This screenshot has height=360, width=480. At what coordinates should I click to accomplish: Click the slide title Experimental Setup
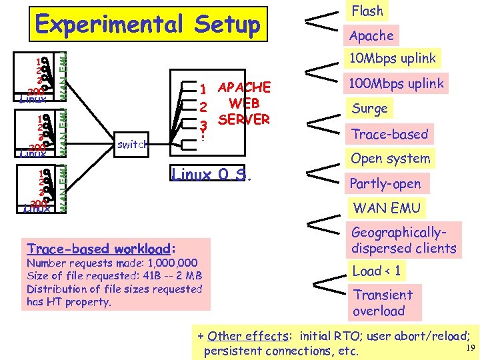coord(148,25)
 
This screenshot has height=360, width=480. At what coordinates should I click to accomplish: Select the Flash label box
coord(367,11)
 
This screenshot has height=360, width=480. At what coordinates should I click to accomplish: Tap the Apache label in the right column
coord(371,36)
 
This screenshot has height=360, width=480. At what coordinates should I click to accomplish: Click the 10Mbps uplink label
coord(393,58)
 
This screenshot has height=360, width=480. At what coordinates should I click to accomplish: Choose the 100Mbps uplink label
coord(397,83)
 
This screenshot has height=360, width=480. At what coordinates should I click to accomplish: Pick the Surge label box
coord(369,109)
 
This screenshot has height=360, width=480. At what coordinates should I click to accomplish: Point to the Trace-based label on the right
coord(389,134)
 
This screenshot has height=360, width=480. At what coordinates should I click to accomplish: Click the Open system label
coord(391,159)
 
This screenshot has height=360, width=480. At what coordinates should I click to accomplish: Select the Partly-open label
coord(386,183)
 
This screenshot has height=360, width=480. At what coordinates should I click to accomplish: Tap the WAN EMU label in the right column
coord(387,208)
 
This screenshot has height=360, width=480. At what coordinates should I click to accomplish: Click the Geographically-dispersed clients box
coord(404,241)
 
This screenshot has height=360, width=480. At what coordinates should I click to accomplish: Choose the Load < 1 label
coord(377,271)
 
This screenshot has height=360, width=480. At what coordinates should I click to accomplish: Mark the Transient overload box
coord(383,303)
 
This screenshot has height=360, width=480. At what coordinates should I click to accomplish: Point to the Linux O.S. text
coord(211,175)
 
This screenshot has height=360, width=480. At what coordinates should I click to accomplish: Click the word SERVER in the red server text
coord(243,119)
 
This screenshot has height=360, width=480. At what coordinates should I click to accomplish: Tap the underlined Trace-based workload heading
coord(99,249)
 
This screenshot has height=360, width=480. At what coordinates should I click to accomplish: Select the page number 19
coord(469,348)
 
